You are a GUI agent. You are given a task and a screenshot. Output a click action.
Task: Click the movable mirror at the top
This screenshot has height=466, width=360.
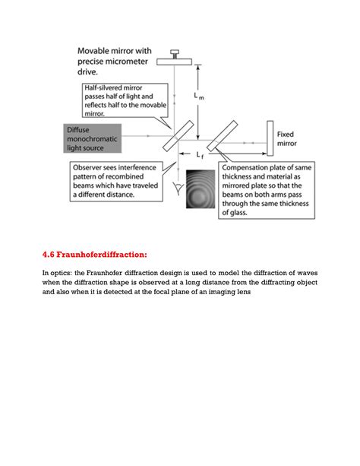(x=175, y=62)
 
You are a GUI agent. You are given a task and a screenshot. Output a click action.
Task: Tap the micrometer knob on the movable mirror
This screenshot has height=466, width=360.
(x=175, y=54)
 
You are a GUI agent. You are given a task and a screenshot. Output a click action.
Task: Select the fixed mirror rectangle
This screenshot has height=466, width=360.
(x=270, y=138)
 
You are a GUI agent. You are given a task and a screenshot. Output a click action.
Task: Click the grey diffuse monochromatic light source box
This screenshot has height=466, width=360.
(x=93, y=138)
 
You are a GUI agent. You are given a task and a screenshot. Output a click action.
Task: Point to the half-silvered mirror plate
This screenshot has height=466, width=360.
(x=178, y=135)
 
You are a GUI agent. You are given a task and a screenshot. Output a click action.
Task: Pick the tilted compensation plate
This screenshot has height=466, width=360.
(x=223, y=136)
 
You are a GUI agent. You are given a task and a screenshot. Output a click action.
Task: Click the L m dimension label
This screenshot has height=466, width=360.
(x=199, y=96)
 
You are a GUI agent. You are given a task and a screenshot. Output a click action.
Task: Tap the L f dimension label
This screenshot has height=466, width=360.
(x=200, y=155)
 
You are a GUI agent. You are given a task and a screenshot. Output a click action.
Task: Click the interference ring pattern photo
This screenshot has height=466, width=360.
(x=201, y=189)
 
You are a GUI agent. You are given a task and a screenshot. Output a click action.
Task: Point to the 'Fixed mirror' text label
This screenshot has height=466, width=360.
(x=286, y=139)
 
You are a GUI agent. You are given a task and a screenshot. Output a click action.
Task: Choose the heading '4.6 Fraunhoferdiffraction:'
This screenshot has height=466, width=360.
(x=95, y=255)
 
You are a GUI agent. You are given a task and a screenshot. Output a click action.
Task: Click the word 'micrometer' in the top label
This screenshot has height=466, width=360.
(x=129, y=62)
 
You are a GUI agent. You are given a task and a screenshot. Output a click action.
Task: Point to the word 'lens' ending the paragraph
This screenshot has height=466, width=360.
(x=244, y=292)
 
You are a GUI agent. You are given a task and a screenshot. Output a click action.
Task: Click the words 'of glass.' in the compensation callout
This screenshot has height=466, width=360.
(x=235, y=213)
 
